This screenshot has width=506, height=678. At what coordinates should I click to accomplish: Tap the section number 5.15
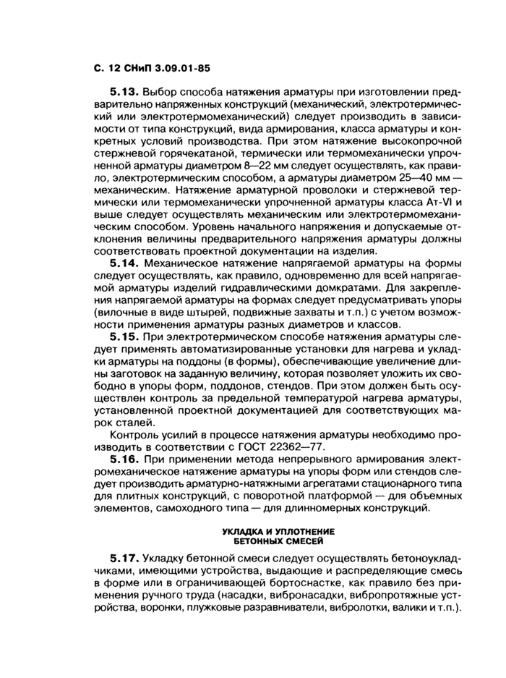point(124,336)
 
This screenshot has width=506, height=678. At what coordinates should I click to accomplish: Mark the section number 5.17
point(124,559)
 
